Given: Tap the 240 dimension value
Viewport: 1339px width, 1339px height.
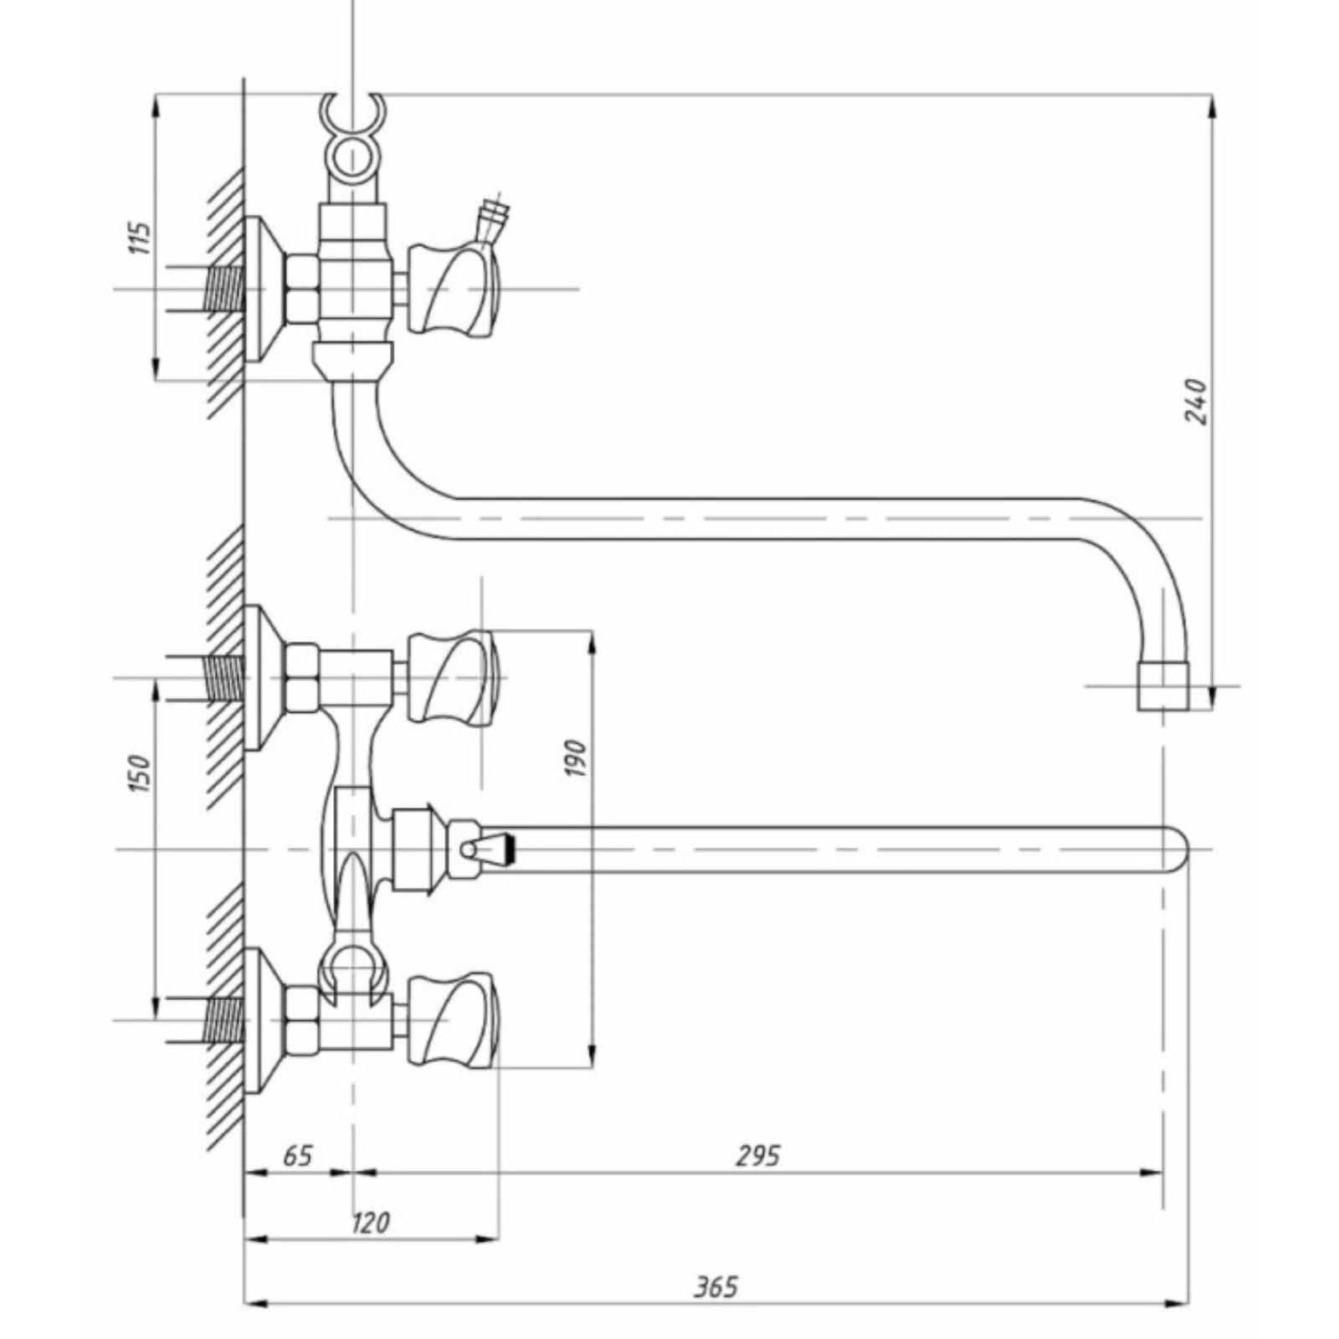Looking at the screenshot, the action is click(x=1197, y=401).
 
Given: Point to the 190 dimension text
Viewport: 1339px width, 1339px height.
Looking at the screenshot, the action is click(x=577, y=757).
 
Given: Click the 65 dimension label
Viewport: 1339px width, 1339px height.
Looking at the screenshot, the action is click(x=297, y=1155).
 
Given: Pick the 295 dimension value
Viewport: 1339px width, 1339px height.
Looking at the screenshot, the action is click(x=757, y=1155).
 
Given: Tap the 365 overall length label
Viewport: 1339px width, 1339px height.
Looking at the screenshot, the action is click(x=716, y=1286).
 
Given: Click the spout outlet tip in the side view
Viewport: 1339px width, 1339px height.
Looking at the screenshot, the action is click(x=1162, y=685).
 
